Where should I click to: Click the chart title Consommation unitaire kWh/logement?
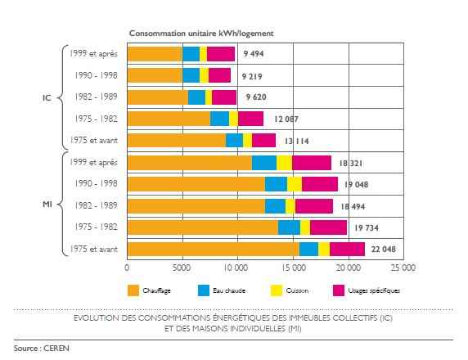click(x=201, y=33)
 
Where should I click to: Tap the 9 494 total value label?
click(x=254, y=54)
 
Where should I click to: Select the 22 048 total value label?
click(x=384, y=249)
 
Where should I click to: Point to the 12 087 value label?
click(x=286, y=119)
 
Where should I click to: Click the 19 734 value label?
click(x=367, y=227)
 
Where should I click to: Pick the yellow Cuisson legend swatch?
click(x=277, y=290)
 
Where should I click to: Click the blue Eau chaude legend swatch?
click(x=204, y=290)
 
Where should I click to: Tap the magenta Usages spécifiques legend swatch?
click(x=339, y=290)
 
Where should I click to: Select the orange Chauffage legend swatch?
click(x=133, y=290)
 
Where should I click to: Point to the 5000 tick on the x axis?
click(x=182, y=268)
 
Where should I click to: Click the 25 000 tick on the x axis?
click(x=403, y=268)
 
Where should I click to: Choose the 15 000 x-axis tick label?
click(x=294, y=268)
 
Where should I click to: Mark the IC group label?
click(x=47, y=97)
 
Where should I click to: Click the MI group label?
click(x=47, y=205)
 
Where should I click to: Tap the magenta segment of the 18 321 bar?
click(x=312, y=163)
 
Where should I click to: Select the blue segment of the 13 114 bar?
click(x=234, y=140)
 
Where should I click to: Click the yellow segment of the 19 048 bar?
click(x=295, y=184)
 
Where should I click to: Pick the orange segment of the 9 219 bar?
click(x=155, y=75)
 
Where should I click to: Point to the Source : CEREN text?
click(x=42, y=349)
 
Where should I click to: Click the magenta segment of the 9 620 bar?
click(x=224, y=97)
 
